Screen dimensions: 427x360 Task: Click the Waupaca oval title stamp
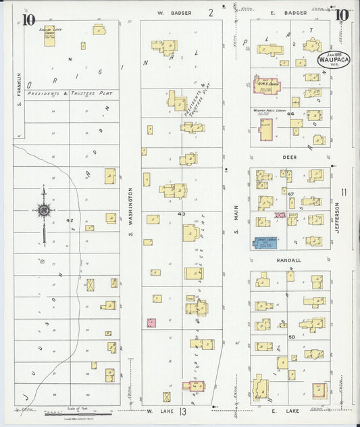333,59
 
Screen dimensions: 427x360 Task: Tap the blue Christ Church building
269,243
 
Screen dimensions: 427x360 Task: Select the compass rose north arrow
44,211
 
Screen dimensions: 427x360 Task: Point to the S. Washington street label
130,211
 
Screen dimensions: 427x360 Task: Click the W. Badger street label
174,13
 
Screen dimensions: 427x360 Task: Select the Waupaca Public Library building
265,127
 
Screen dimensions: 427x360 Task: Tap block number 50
291,336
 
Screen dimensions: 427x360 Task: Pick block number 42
70,220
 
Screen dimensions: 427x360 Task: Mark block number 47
291,194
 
